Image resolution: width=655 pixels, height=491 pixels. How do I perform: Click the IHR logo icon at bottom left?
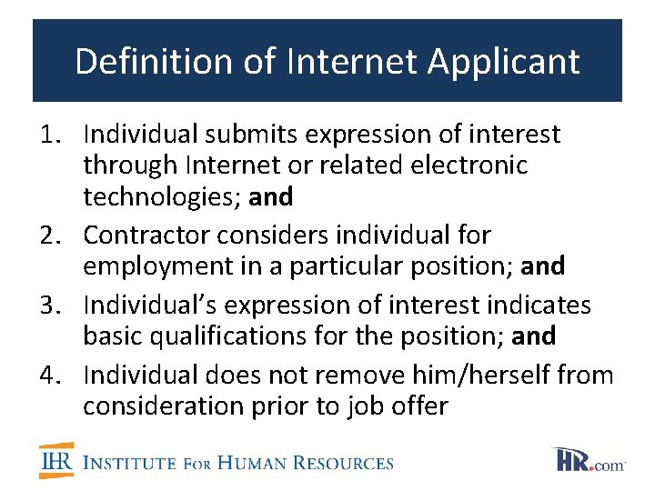[56, 461]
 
